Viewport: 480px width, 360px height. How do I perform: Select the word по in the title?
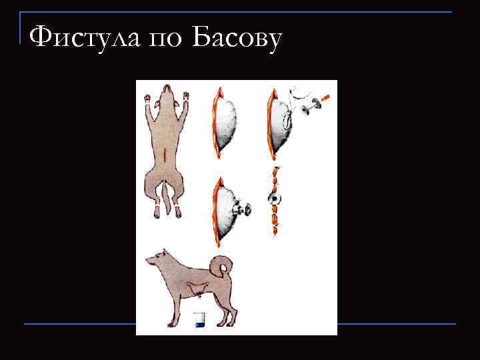pos(163,40)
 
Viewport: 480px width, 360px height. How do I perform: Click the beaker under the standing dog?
pos(199,320)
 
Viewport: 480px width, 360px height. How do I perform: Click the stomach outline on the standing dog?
pos(197,289)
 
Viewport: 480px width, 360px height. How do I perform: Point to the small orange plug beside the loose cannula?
pos(324,99)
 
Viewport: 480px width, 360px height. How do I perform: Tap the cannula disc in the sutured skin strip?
pos(275,199)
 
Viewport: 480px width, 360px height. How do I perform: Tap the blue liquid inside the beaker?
pos(199,324)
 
